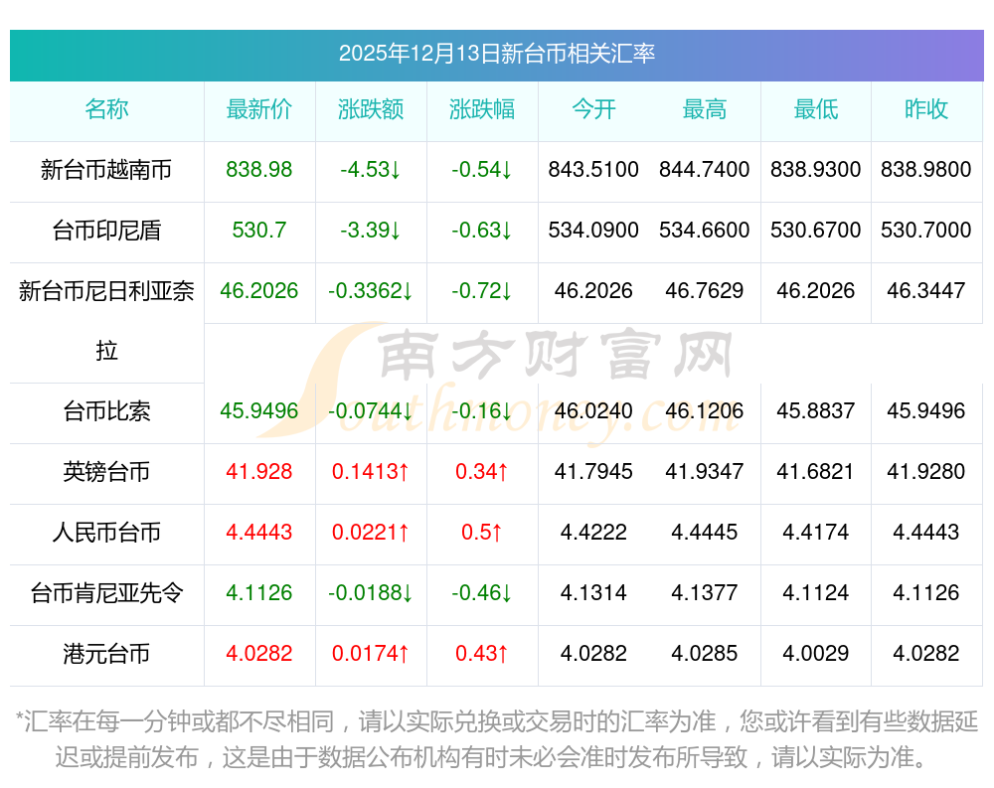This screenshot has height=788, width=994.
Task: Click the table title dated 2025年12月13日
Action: click(496, 54)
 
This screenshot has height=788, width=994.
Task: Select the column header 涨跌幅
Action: click(482, 109)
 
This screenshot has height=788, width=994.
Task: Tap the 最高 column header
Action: click(705, 109)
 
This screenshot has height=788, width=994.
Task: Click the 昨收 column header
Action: click(926, 109)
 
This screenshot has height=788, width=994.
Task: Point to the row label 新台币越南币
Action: click(106, 170)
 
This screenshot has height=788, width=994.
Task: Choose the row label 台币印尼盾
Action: click(106, 231)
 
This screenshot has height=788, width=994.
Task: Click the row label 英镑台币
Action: click(106, 472)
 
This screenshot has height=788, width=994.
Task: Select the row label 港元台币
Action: click(106, 654)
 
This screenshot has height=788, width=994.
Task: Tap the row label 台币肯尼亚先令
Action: click(106, 593)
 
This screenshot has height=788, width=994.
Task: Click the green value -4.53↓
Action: click(371, 170)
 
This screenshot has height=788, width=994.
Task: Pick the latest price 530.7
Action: click(259, 231)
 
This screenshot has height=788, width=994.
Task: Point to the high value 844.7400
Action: click(705, 170)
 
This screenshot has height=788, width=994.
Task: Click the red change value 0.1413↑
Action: click(371, 472)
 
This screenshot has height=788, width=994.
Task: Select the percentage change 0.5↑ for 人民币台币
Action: click(482, 533)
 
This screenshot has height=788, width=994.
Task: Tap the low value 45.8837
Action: click(816, 411)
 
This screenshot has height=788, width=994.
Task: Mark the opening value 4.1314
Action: click(593, 593)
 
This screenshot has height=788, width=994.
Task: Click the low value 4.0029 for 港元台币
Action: click(816, 654)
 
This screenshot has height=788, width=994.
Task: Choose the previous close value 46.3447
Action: click(926, 291)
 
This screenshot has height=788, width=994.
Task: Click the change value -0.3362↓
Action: click(371, 291)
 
